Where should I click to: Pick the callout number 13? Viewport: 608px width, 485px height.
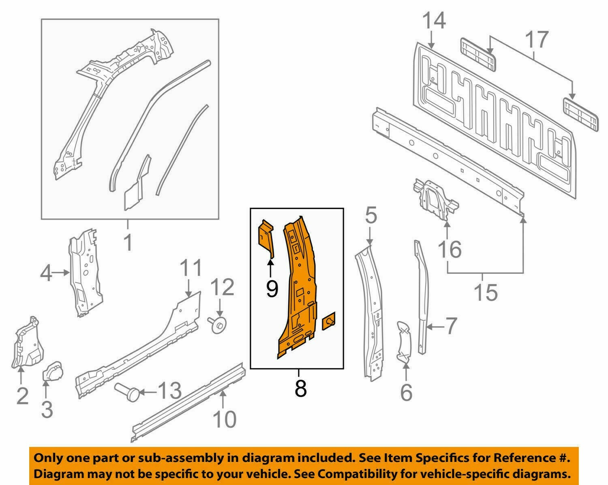(169, 391)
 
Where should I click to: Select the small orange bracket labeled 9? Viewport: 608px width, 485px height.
(265, 237)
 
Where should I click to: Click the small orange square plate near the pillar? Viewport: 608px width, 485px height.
(329, 323)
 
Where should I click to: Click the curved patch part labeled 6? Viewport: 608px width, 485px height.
(404, 340)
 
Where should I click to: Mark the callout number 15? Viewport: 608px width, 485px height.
(486, 293)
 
